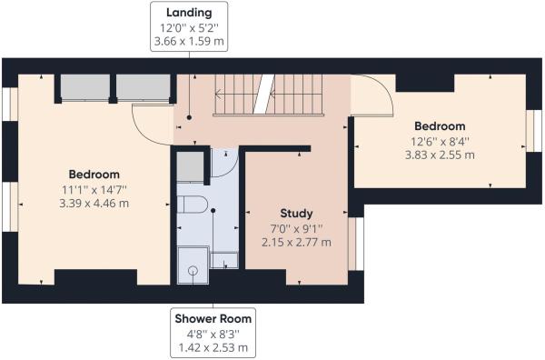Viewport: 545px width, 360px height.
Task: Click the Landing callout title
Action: click(189, 13)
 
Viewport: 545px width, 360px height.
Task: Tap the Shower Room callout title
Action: click(213, 318)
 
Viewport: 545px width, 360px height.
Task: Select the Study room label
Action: click(296, 214)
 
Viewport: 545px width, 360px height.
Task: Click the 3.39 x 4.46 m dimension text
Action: click(94, 203)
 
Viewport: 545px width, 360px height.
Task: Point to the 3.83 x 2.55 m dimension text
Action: click(440, 155)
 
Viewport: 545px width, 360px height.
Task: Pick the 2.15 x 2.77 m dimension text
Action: click(296, 242)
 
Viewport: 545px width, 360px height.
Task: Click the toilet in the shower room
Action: click(193, 205)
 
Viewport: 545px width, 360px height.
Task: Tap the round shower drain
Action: click(193, 270)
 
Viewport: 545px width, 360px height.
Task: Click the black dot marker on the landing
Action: click(189, 117)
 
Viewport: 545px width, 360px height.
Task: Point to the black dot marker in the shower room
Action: click(213, 210)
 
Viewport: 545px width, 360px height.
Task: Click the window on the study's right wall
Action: click(356, 244)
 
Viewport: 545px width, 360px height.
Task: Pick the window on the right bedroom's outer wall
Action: click(534, 131)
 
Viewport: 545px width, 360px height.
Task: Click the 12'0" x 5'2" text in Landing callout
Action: click(189, 27)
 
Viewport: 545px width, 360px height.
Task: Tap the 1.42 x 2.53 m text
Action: click(213, 347)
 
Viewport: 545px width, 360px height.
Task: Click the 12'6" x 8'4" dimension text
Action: click(440, 142)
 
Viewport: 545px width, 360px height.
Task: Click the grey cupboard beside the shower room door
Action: click(190, 166)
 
